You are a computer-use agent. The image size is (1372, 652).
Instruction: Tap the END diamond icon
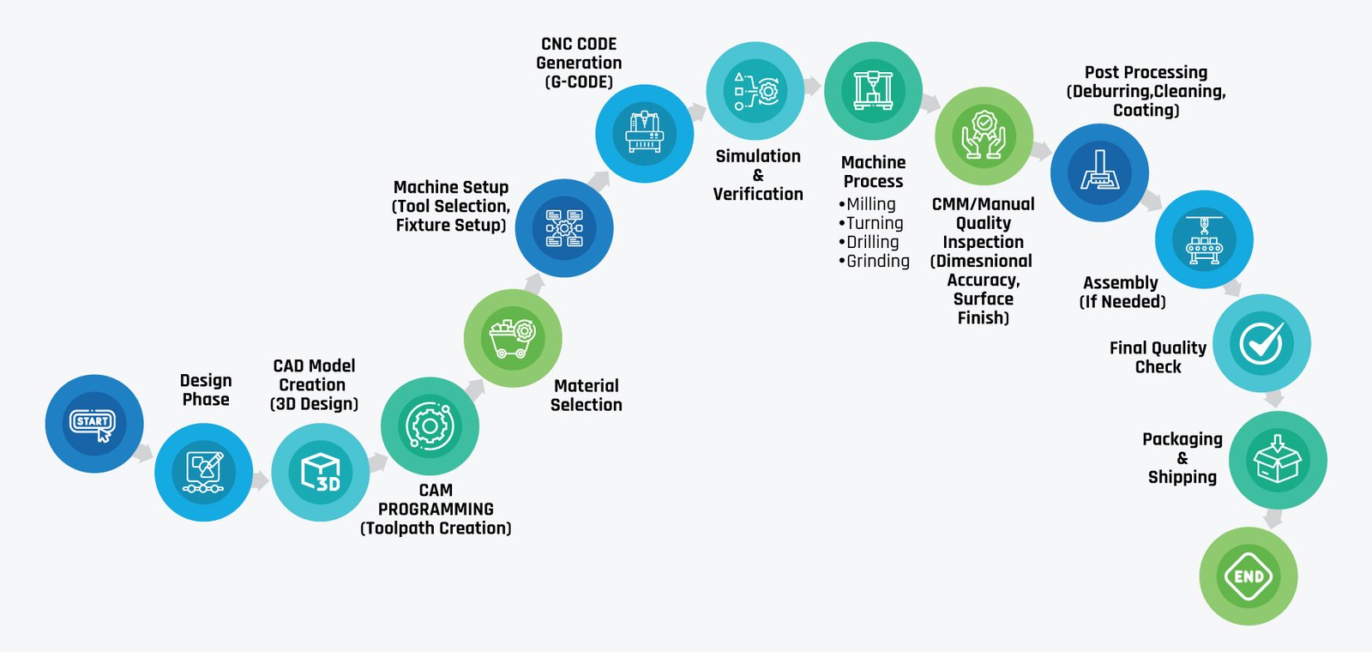(x=1249, y=576)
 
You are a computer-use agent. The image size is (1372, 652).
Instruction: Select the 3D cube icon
(x=321, y=473)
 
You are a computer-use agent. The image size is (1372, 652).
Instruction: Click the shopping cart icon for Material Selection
(x=513, y=338)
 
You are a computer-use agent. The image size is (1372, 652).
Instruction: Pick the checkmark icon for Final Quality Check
(x=1261, y=343)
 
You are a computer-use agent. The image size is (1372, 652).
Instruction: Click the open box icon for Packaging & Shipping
(x=1277, y=460)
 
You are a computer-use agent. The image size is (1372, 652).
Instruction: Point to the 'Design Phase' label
(x=206, y=389)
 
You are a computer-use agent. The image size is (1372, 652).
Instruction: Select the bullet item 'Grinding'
(x=874, y=261)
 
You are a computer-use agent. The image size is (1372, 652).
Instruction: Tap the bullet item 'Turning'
(x=871, y=223)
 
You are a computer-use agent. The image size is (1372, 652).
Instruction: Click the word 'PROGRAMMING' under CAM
(x=436, y=510)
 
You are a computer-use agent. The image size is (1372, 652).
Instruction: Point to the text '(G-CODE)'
(x=579, y=82)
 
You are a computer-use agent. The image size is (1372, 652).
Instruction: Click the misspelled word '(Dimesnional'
(x=982, y=261)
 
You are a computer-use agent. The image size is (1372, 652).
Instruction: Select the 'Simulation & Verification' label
(x=758, y=175)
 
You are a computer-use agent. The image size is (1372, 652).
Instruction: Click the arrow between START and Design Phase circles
(x=143, y=453)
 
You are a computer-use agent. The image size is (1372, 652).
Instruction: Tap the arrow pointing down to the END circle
(x=1273, y=518)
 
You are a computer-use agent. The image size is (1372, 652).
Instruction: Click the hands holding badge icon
(x=984, y=136)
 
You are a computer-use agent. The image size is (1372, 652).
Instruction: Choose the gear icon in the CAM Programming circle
(x=430, y=426)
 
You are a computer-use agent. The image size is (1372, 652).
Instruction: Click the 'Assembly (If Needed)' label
(x=1122, y=293)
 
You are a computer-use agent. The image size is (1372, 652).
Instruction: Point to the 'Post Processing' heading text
(x=1146, y=72)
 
